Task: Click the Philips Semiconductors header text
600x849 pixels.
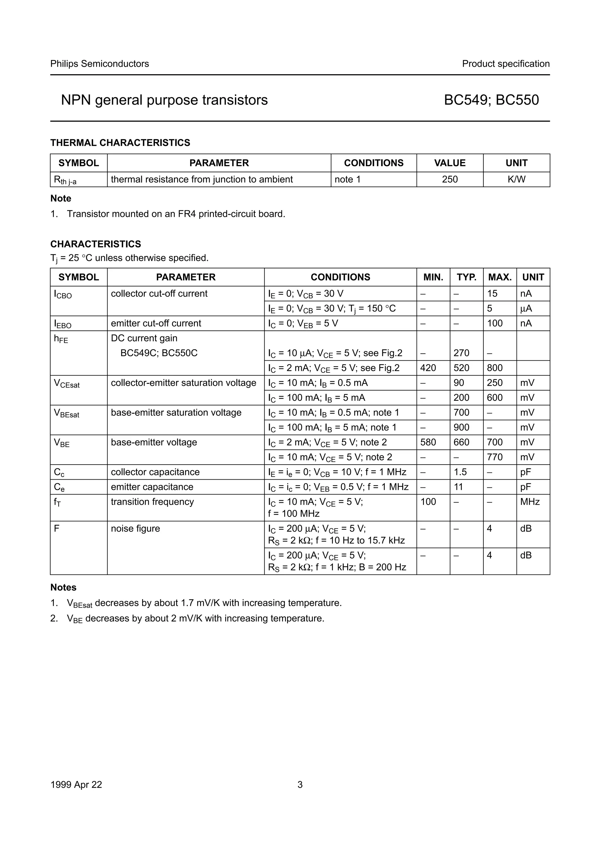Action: pos(99,64)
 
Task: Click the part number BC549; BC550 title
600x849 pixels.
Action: pos(491,100)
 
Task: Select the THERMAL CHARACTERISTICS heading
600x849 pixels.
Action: pos(120,143)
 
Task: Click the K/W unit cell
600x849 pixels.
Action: pos(516,179)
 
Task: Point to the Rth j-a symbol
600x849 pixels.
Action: pos(65,180)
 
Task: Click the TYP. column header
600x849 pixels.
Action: pos(466,277)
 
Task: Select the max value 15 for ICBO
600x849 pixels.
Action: pos(492,294)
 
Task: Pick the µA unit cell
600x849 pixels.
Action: pos(526,308)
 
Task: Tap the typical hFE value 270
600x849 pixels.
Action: pos(461,353)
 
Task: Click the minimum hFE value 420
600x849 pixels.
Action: pos(428,368)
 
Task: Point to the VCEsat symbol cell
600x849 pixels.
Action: pos(67,383)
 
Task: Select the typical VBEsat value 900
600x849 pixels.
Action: pos(461,427)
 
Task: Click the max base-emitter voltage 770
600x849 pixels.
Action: pos(495,457)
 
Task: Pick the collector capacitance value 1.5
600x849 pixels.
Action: pos(460,472)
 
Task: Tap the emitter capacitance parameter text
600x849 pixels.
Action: pos(152,487)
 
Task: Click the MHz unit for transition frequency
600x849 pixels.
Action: pos(530,502)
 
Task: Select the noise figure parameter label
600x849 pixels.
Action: pos(135,529)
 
